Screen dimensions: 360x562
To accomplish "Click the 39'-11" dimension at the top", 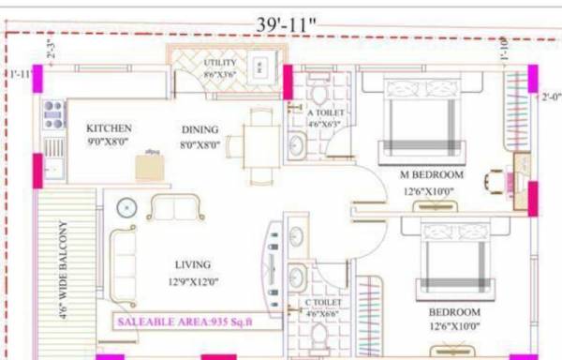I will [287, 23].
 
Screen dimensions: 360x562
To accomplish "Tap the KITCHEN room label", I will [110, 128].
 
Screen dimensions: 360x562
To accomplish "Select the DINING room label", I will [200, 129].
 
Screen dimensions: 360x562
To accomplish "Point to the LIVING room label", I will [192, 264].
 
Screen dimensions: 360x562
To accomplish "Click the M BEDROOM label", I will [432, 175].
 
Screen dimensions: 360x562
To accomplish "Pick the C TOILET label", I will [322, 303].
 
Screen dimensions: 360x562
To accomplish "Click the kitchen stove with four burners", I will [53, 113].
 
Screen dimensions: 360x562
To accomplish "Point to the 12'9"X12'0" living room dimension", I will [192, 281].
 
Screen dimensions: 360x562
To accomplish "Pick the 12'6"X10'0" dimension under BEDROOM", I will [454, 326].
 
